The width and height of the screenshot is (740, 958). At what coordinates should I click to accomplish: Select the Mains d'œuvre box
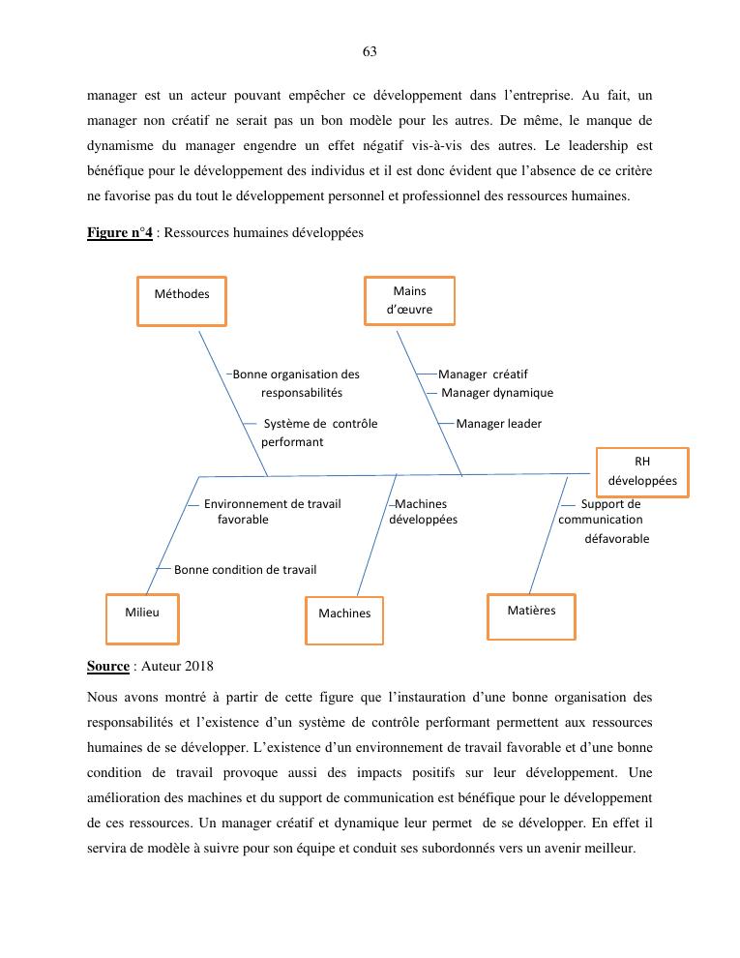409,300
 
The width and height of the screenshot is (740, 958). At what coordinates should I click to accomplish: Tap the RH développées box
642,471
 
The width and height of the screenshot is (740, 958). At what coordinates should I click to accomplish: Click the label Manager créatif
483,374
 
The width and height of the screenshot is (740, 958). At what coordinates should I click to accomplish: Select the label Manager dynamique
497,393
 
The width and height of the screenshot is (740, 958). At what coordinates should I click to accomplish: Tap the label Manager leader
498,424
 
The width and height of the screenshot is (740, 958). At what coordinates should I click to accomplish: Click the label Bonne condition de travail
245,570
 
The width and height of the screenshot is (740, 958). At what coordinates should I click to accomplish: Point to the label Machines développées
423,512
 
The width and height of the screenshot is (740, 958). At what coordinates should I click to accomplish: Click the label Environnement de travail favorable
271,512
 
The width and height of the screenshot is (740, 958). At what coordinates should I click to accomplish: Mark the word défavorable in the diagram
616,539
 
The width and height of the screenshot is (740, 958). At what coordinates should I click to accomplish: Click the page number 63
370,51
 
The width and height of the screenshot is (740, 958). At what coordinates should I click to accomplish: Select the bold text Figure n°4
119,233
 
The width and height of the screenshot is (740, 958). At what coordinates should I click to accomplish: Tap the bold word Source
107,667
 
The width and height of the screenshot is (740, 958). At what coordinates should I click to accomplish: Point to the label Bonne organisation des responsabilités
296,383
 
